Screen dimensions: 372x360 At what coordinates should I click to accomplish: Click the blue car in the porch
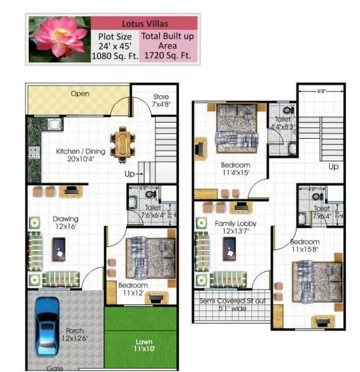tap(46, 326)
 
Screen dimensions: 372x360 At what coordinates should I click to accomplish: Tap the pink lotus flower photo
tap(59, 39)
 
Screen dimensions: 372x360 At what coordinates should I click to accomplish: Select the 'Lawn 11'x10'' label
tap(144, 346)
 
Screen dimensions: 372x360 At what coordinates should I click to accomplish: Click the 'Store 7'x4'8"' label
tap(161, 101)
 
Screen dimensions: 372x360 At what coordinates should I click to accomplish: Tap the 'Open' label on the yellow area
tap(80, 94)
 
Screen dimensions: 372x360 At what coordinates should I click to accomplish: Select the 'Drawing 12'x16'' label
tap(65, 222)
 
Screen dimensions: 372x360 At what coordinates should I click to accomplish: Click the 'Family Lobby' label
tap(235, 227)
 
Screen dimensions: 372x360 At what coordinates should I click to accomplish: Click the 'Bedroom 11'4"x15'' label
tap(236, 169)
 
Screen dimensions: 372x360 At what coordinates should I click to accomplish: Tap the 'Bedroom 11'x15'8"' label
tap(305, 246)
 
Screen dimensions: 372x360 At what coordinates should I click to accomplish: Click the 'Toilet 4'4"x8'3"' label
tap(282, 122)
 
